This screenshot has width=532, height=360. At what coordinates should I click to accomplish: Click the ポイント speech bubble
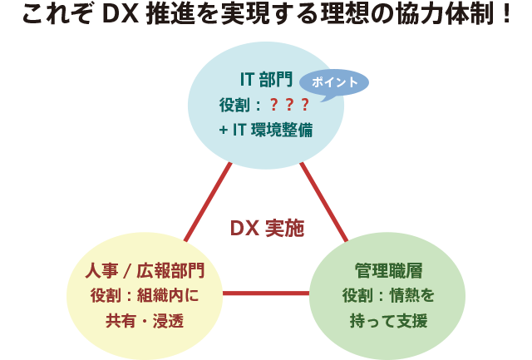point(332,83)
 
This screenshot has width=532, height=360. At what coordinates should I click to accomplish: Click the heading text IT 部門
point(265,80)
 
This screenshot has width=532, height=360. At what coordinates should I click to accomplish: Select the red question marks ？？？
point(289,105)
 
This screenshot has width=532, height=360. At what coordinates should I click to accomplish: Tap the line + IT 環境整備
point(266,130)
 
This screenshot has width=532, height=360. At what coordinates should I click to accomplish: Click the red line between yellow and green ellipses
point(266,293)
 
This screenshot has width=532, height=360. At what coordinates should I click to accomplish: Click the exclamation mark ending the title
point(506,16)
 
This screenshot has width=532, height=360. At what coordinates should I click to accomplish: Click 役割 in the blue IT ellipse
point(234,105)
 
